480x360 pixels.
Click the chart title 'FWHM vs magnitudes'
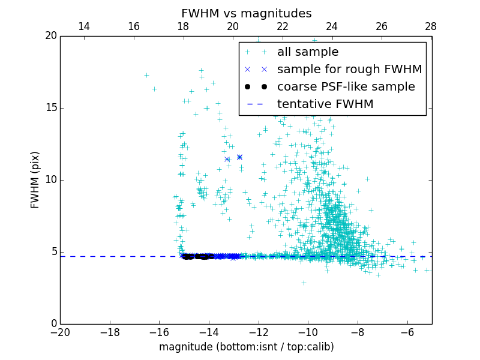click(246, 13)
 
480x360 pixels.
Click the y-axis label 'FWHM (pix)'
click(35, 180)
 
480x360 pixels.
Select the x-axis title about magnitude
click(246, 347)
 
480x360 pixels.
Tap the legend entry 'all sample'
click(307, 52)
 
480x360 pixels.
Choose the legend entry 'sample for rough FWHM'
click(349, 70)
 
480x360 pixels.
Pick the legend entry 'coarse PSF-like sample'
click(346, 87)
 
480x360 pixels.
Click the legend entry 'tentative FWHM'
click(325, 104)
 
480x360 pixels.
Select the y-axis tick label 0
click(53, 324)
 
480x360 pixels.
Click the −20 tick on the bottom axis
click(60, 332)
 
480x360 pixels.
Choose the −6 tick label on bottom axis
click(407, 332)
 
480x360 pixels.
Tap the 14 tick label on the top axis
click(84, 26)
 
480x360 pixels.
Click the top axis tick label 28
click(431, 26)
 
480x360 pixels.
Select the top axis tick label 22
click(282, 26)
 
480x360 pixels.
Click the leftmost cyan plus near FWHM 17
click(146, 75)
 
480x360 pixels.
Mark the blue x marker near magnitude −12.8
click(239, 157)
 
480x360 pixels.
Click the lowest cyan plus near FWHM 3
click(304, 283)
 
